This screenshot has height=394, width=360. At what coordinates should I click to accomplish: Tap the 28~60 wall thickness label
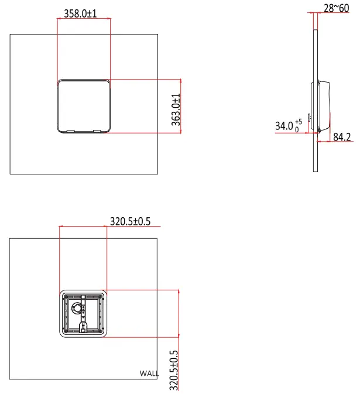(336, 8)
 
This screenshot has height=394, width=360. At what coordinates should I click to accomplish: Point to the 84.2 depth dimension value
(342, 137)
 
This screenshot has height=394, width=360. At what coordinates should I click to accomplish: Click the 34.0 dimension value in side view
(284, 125)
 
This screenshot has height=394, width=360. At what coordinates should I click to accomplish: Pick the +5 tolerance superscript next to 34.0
(298, 121)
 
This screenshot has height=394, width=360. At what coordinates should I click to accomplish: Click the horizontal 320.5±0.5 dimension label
(131, 221)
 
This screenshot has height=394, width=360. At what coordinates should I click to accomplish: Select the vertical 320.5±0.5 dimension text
(173, 370)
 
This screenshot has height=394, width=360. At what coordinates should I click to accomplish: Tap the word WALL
(150, 372)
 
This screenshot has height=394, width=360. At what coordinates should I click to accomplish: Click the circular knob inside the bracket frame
(78, 309)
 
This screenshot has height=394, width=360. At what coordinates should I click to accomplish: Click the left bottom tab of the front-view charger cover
(68, 131)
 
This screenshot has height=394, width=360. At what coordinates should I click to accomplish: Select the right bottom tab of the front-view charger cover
(97, 131)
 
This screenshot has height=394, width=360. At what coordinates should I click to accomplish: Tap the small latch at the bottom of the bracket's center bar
(83, 327)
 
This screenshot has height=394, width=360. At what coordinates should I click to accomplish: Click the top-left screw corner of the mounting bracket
(65, 296)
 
